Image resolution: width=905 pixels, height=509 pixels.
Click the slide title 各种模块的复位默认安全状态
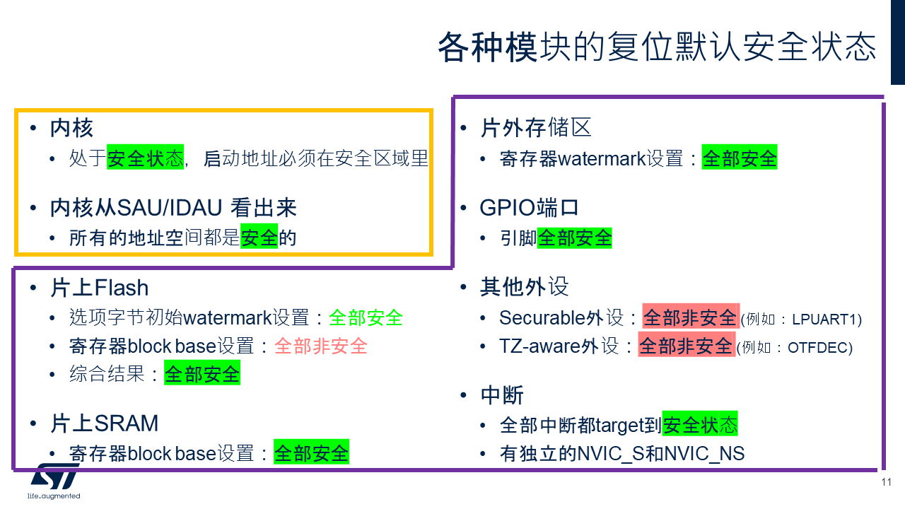[657, 47]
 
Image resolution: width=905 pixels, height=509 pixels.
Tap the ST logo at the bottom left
[54, 481]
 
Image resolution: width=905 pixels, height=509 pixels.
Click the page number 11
[887, 482]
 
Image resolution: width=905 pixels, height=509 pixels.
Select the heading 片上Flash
[100, 288]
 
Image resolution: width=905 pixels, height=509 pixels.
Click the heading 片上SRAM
[104, 423]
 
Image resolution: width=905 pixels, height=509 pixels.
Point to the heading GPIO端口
[529, 208]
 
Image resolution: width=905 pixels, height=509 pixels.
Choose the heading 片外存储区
[536, 128]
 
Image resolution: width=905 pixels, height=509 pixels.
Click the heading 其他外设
[525, 287]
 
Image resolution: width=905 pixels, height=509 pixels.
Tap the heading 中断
[502, 395]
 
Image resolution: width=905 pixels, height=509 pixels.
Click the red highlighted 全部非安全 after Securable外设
[691, 317]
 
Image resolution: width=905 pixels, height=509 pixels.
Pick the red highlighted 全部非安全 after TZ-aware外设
[687, 346]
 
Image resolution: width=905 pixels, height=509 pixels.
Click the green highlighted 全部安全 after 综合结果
[202, 373]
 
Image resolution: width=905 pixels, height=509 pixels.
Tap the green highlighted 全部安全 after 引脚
[575, 238]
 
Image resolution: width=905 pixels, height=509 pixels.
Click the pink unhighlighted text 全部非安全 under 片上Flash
[321, 346]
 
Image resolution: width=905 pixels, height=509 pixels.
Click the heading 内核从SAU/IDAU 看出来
[173, 208]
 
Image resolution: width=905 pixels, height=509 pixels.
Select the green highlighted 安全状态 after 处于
[146, 158]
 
